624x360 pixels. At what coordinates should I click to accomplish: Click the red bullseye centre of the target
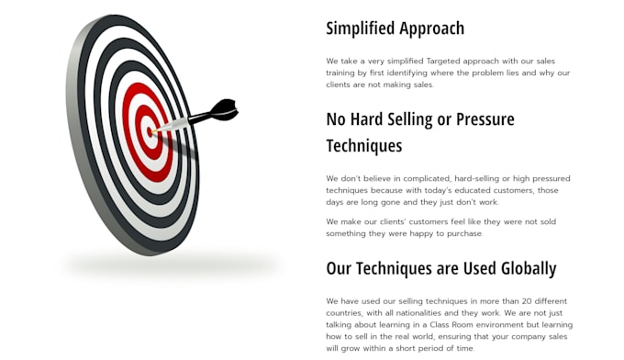[x=150, y=132]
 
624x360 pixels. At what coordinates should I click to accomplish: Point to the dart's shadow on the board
[x=180, y=146]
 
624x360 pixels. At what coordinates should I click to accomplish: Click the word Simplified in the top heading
[x=361, y=28]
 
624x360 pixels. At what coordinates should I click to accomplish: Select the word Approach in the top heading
[x=432, y=28]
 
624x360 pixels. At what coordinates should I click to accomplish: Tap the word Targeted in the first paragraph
[x=443, y=62]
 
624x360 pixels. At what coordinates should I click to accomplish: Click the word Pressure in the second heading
[x=485, y=119]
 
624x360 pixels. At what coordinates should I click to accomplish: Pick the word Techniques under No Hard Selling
[x=364, y=146]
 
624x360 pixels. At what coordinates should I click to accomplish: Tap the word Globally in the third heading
[x=529, y=269]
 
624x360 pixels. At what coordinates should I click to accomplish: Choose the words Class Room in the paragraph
[x=451, y=324]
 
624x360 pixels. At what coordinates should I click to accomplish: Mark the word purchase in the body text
[x=465, y=234]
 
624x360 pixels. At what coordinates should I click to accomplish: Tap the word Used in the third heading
[x=480, y=269]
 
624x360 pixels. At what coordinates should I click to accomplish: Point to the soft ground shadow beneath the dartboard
[x=171, y=264]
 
